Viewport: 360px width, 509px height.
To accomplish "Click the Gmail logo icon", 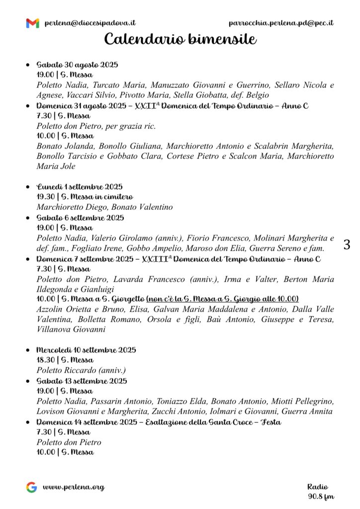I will pyautogui.click(x=32, y=23).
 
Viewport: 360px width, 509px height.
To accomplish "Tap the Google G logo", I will pyautogui.click(x=32, y=487).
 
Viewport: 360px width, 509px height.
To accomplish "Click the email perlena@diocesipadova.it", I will pyautogui.click(x=90, y=23).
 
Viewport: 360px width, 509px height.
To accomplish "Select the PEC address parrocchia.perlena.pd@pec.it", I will pyautogui.click(x=281, y=23).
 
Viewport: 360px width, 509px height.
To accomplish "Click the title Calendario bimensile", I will pyautogui.click(x=180, y=39).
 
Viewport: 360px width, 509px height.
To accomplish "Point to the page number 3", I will pyautogui.click(x=347, y=245).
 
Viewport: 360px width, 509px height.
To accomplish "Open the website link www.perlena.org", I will pyautogui.click(x=74, y=487).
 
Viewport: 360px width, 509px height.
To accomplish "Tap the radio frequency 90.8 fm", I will pyautogui.click(x=321, y=496).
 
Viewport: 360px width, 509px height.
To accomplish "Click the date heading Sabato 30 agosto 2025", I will pyautogui.click(x=77, y=65).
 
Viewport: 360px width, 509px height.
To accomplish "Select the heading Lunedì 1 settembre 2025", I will pyautogui.click(x=80, y=187).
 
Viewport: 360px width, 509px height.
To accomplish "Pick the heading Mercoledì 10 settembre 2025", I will pyautogui.click(x=86, y=350).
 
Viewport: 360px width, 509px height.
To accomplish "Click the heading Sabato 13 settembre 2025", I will pyautogui.click(x=82, y=381).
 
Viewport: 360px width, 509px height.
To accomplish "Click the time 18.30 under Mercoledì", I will pyautogui.click(x=45, y=360).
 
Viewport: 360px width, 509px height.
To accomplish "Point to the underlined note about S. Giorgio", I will pyautogui.click(x=222, y=299).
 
